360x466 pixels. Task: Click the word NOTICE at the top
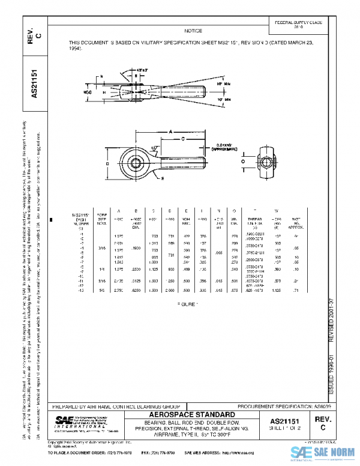[x=193, y=31]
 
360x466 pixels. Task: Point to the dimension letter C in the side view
[x=182, y=138]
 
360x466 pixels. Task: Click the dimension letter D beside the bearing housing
[x=106, y=162]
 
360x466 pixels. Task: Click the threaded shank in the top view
[x=199, y=93]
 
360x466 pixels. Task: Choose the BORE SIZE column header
[x=103, y=220]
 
